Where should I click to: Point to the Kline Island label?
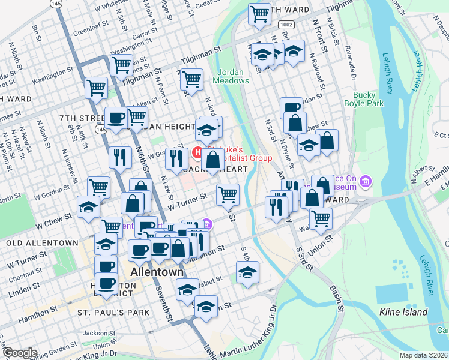(403, 312)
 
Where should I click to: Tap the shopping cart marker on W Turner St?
(227, 194)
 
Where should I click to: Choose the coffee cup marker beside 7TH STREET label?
(115, 117)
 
